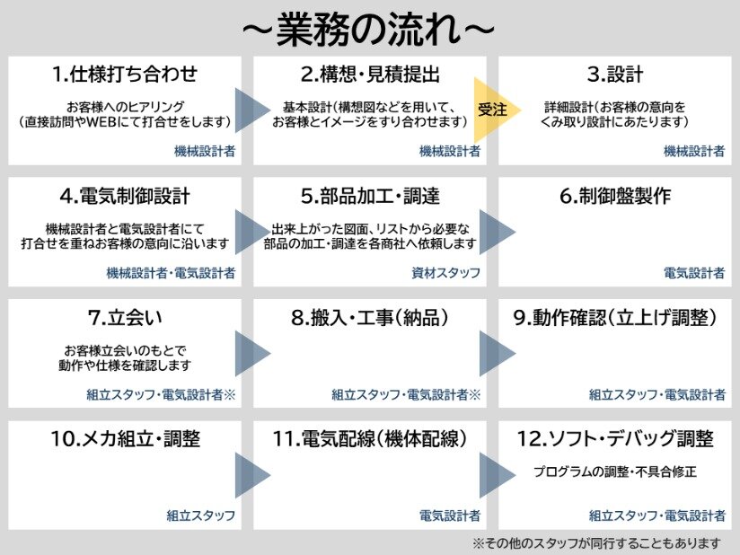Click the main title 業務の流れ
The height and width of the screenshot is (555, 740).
click(x=368, y=28)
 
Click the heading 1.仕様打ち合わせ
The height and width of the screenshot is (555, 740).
click(x=125, y=74)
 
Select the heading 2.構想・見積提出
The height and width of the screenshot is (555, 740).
click(x=369, y=74)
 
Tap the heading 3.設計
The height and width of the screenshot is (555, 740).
click(x=614, y=74)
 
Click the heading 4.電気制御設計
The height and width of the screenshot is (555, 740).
click(x=125, y=195)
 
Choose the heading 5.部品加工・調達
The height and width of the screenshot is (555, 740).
click(x=369, y=195)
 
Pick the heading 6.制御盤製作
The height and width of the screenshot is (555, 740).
click(x=614, y=195)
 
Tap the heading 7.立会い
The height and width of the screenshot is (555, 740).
click(x=125, y=318)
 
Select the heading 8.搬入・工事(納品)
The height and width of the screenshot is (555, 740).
click(x=369, y=318)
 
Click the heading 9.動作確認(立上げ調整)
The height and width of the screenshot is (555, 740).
click(x=614, y=318)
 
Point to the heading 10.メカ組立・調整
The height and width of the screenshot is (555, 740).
click(x=125, y=439)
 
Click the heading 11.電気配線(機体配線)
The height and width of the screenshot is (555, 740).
click(x=369, y=439)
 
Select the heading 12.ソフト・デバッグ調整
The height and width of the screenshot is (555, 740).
click(x=614, y=439)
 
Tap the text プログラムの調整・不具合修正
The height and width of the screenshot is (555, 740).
click(x=614, y=471)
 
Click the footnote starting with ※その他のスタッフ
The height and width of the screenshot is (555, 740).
click(x=596, y=542)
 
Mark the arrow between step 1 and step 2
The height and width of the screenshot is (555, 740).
click(x=251, y=110)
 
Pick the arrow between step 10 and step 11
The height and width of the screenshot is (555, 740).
click(x=251, y=474)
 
